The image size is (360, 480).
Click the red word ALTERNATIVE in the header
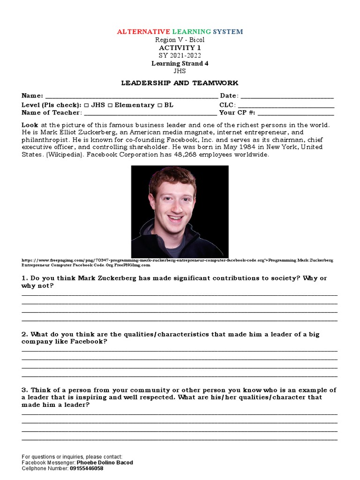coord(143,32)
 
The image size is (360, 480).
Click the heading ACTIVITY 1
coord(180,48)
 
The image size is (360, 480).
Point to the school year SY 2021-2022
coord(180,55)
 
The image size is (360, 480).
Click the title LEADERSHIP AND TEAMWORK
coord(180,83)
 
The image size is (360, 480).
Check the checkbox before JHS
coord(87,105)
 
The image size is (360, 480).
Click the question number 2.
coord(24,334)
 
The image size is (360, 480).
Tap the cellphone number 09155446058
coord(87,468)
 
